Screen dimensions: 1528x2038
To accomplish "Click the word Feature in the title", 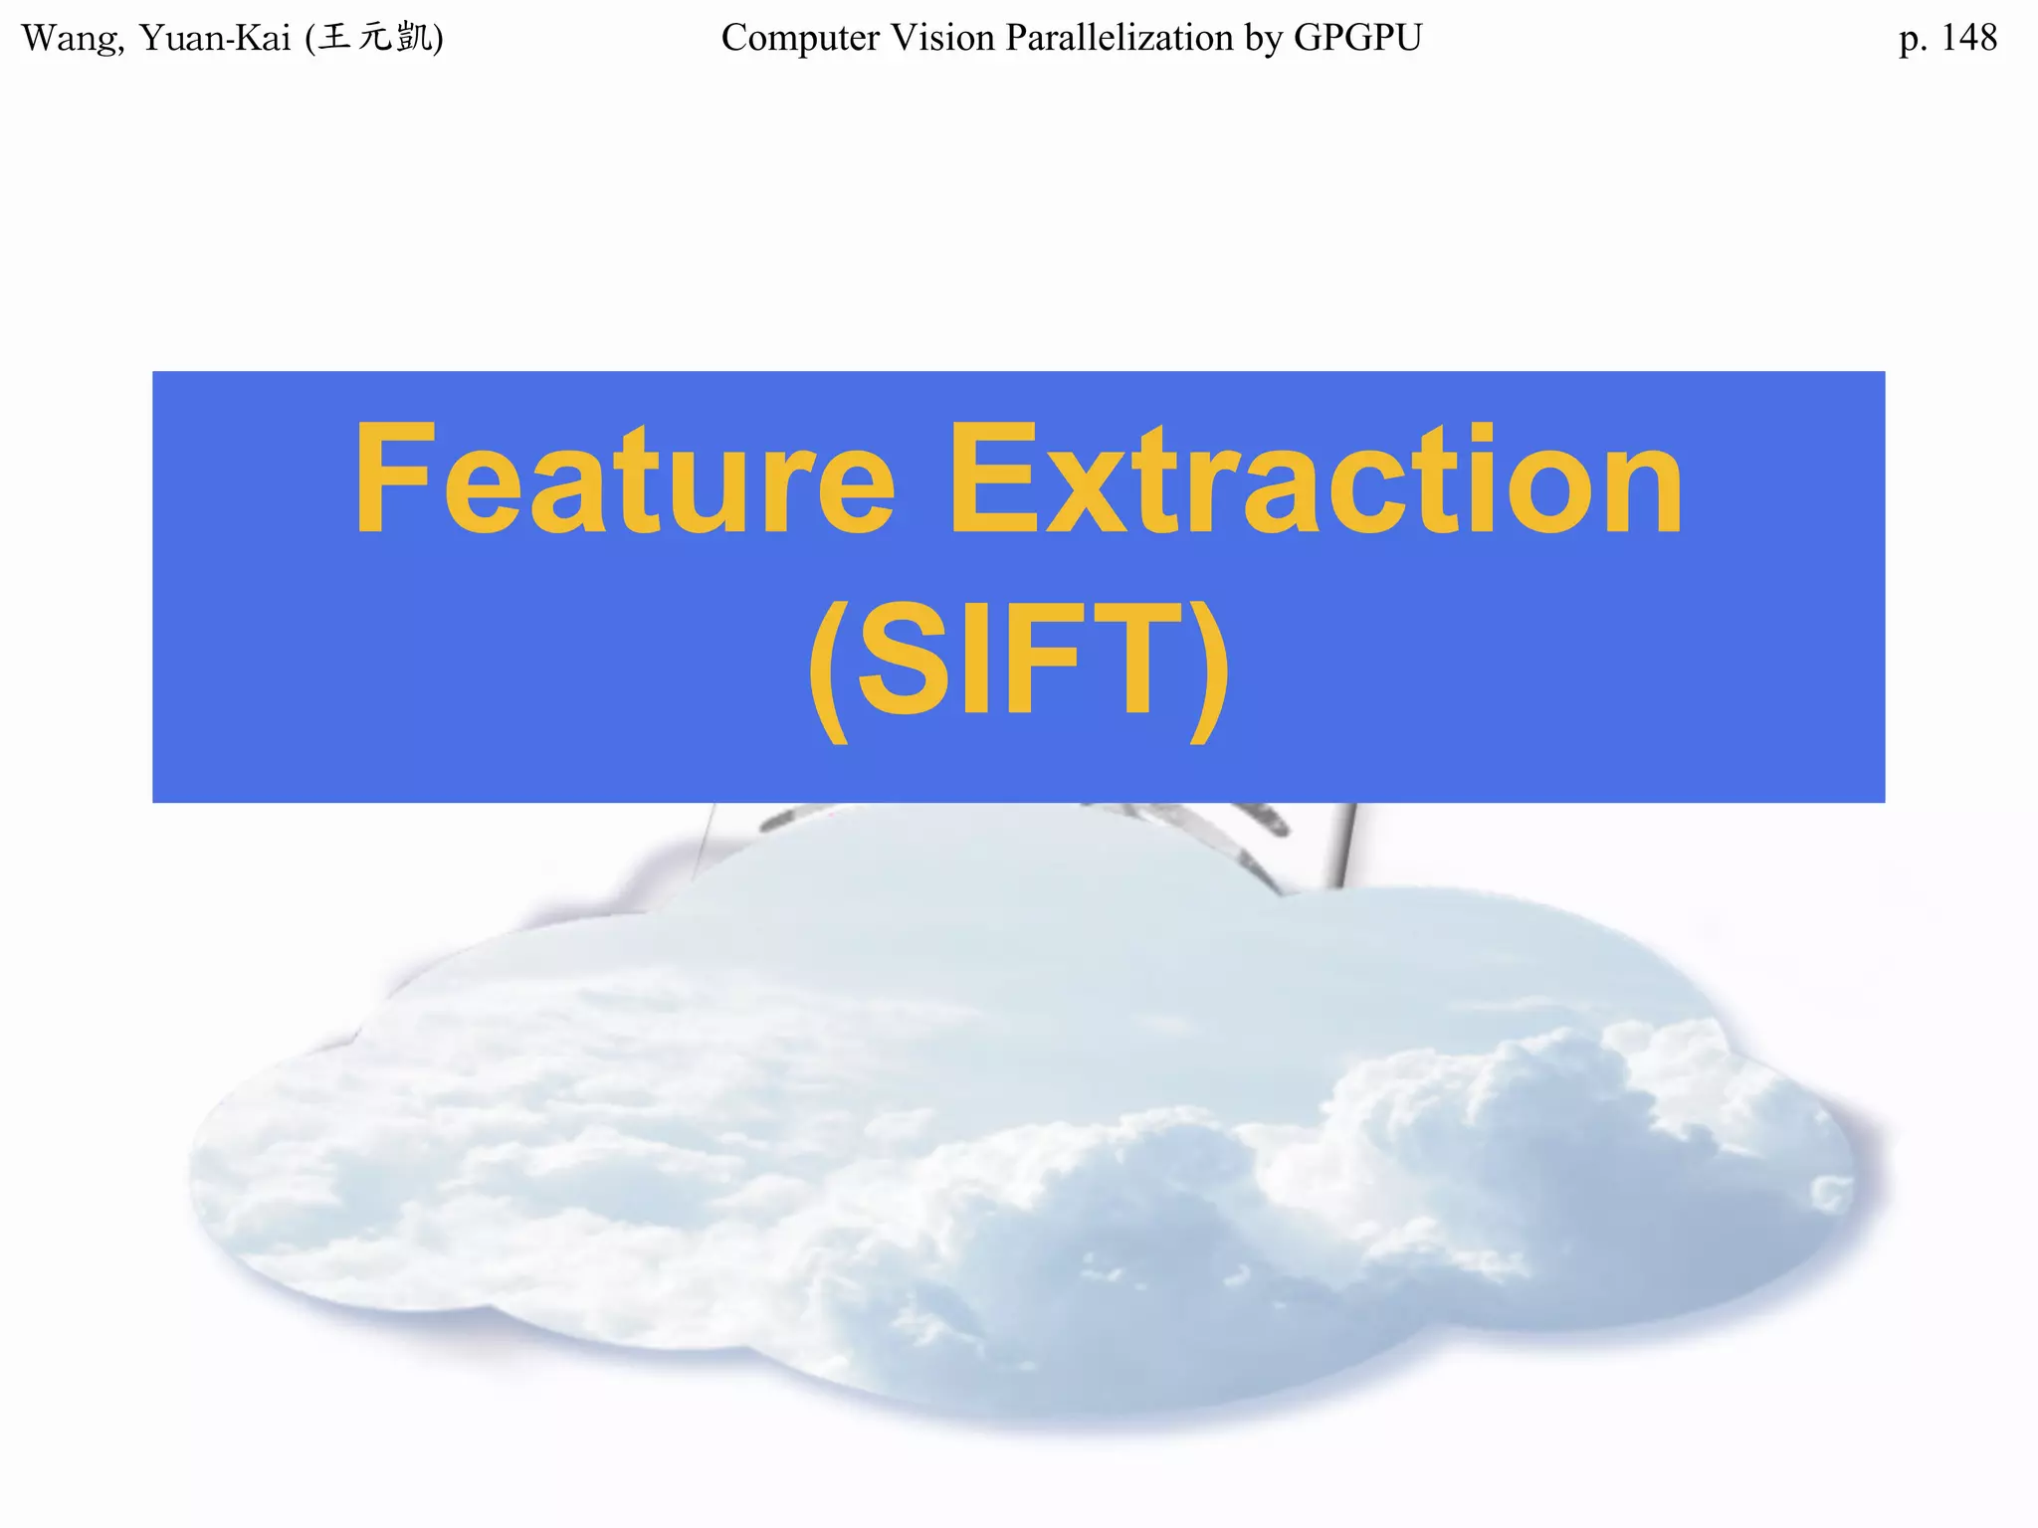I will [x=625, y=479].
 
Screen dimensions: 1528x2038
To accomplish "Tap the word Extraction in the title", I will [x=1315, y=479].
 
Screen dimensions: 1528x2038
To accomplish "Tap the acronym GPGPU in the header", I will [x=1357, y=38].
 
